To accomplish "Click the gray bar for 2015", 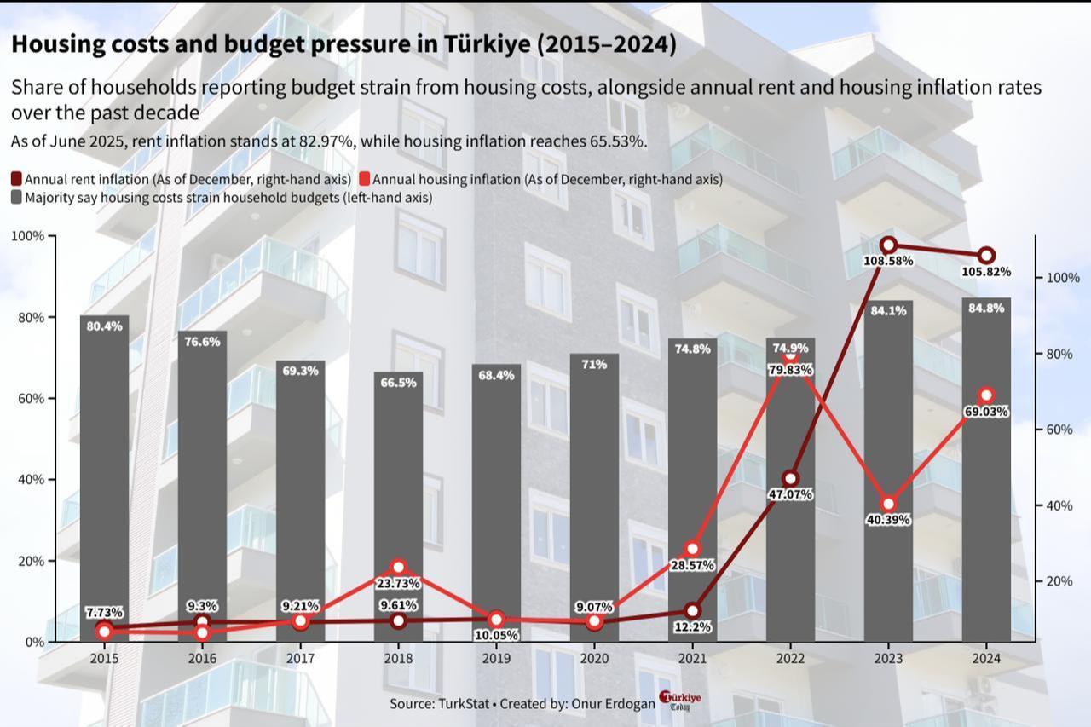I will tap(104, 477).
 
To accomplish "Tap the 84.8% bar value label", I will tap(986, 309).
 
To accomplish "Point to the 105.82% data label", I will tap(986, 272).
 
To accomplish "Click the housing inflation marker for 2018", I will tap(398, 568).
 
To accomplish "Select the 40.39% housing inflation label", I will tap(888, 520).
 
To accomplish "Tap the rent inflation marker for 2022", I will tap(790, 478).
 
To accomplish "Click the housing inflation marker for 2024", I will tap(986, 395).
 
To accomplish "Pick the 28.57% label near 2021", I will tap(692, 565).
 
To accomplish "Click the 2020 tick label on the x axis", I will tap(594, 659).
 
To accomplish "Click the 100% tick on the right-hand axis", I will tap(1062, 278).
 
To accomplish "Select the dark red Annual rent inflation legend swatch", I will tap(17, 179).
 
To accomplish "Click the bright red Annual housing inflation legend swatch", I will tap(364, 179).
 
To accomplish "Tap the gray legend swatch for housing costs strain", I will tap(17, 198).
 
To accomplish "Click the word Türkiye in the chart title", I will tap(488, 44).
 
